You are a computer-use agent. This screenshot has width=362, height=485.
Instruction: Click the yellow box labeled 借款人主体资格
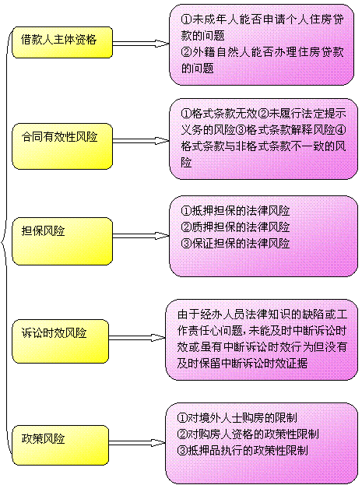point(62,42)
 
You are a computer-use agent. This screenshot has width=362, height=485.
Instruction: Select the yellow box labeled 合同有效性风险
point(62,146)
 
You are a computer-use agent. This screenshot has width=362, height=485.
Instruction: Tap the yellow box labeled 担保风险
point(62,241)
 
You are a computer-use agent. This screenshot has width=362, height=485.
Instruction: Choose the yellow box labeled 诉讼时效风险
point(61,341)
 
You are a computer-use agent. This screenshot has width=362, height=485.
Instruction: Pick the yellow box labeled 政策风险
point(61,445)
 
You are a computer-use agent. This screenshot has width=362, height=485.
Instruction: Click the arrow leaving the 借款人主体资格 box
point(141,44)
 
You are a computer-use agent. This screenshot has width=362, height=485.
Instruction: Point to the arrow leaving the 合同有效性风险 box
point(141,141)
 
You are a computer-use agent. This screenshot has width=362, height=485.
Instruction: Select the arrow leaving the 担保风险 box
point(141,236)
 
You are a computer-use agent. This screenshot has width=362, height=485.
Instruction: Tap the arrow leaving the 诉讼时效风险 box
point(137,338)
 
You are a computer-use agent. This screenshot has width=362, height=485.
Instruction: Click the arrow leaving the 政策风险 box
point(137,443)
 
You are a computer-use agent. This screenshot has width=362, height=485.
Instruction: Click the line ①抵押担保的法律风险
point(235,211)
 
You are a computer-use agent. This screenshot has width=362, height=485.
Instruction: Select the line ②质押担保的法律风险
point(235,227)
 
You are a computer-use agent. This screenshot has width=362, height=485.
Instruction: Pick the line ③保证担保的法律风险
point(235,244)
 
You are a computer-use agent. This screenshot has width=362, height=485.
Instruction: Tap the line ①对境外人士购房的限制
point(237,418)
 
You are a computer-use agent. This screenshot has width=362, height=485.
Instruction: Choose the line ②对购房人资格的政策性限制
point(248,434)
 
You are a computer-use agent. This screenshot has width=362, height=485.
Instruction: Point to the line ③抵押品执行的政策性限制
point(243,451)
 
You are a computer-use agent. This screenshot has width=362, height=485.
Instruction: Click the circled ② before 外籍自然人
point(186,51)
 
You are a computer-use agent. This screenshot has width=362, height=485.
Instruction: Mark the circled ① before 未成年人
point(186,19)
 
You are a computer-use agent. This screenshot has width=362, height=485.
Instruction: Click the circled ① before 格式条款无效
point(186,114)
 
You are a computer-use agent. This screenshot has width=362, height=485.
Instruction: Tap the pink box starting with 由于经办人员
point(262,339)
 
